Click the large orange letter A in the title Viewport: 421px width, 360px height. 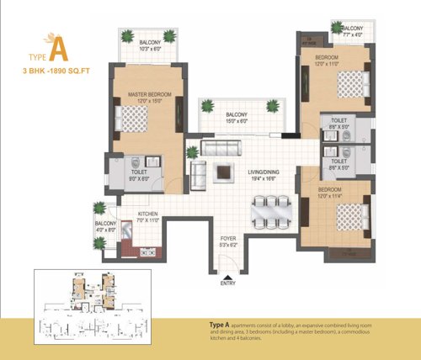56,49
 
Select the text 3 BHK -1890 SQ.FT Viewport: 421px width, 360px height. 56,72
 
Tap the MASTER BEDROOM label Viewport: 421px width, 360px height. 149,95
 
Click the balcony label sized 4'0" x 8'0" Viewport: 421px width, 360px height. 106,225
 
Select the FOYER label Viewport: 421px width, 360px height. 228,241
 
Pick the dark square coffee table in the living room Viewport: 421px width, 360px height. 223,172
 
